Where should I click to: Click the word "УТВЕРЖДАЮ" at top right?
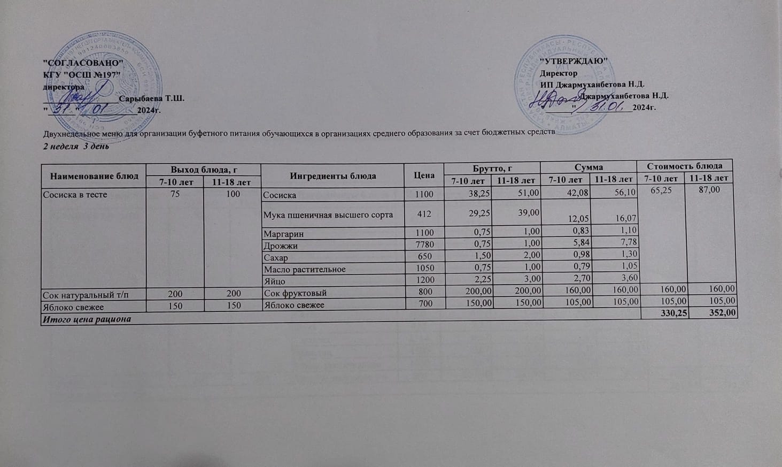coord(574,62)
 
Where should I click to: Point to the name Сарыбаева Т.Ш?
coord(152,99)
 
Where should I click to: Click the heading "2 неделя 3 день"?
coord(76,146)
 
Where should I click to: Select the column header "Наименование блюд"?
coord(94,176)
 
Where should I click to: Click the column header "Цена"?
coord(423,175)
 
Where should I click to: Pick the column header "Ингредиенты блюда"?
coord(332,176)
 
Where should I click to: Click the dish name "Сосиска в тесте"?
coord(75,195)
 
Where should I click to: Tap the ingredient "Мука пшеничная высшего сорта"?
coord(328,215)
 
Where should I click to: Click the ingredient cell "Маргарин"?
coord(280,234)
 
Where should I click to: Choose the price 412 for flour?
coord(424,215)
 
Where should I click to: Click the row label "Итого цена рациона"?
coord(87,319)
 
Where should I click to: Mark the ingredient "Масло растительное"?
coord(304,270)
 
